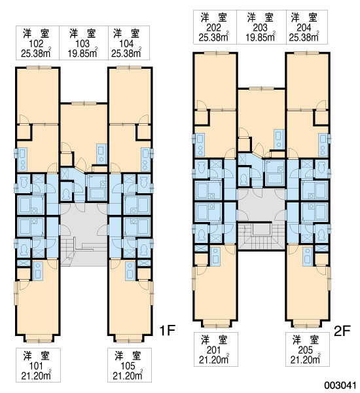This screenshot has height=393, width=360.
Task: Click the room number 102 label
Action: [36, 44]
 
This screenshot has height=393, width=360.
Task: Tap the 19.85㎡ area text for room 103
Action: [82, 53]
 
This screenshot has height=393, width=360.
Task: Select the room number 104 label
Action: [126, 44]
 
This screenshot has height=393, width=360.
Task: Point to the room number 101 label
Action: [36, 366]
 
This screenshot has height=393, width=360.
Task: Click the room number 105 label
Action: [128, 366]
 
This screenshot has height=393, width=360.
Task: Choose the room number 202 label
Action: [213, 28]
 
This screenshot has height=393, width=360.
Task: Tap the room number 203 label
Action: [260, 28]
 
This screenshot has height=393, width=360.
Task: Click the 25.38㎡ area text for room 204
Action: [304, 37]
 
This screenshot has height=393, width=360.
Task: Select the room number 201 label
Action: [213, 350]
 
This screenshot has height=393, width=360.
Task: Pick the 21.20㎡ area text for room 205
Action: [306, 360]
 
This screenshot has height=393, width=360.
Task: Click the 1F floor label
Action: [168, 330]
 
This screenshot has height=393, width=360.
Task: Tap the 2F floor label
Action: [342, 331]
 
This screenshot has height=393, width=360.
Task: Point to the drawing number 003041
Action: [340, 385]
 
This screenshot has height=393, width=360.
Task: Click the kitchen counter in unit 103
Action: [101, 154]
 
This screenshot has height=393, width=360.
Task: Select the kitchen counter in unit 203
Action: [279, 139]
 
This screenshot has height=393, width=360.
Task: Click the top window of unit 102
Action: [39, 67]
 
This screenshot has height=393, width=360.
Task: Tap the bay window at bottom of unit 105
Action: [128, 340]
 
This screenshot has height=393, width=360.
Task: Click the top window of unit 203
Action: [261, 88]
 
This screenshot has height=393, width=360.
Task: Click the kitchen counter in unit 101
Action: [37, 271]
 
